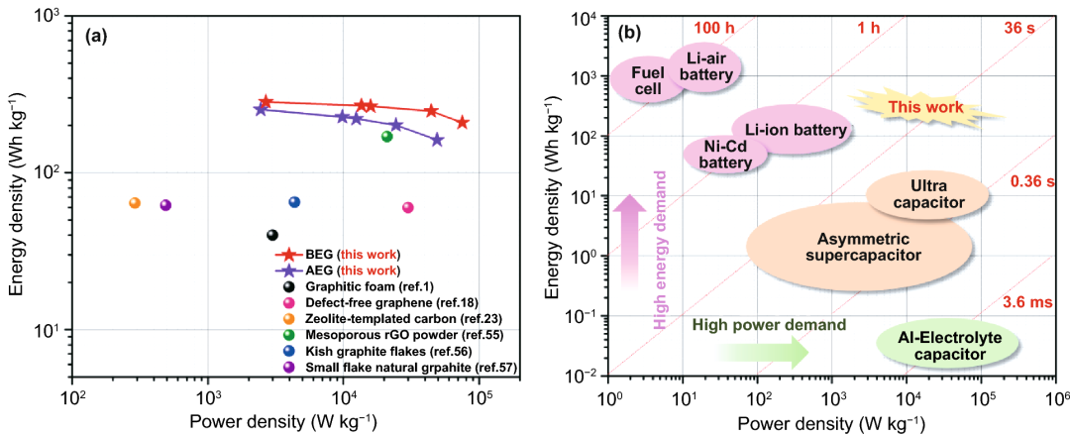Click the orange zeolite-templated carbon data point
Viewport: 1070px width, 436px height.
135,203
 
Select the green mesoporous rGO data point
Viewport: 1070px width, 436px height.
387,137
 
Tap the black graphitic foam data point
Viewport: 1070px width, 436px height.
272,235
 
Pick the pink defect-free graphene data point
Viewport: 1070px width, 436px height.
407,208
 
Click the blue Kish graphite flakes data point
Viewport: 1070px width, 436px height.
294,202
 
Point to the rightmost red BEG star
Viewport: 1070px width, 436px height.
463,122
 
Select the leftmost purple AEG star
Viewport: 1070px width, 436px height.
261,109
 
